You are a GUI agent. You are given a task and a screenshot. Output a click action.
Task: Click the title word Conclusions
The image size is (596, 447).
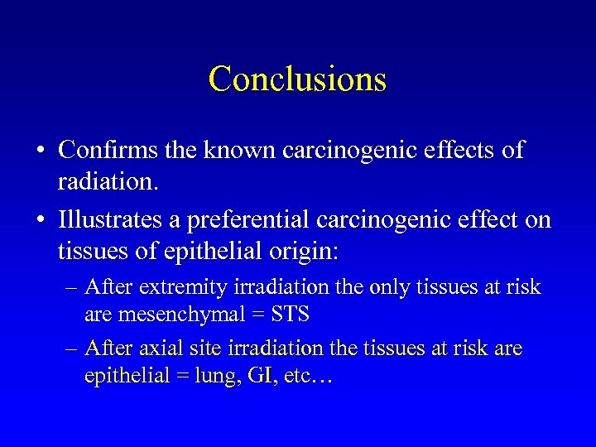(297, 79)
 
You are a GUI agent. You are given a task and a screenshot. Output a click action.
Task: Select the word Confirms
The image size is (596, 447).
(106, 150)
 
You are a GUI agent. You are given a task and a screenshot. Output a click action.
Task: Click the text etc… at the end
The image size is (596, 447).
(308, 377)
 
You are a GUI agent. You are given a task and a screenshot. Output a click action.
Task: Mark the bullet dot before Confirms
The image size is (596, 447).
(40, 151)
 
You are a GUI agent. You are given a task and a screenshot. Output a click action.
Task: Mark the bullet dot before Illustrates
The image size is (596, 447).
(40, 222)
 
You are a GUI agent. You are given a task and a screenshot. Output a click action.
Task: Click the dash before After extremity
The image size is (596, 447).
(73, 289)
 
